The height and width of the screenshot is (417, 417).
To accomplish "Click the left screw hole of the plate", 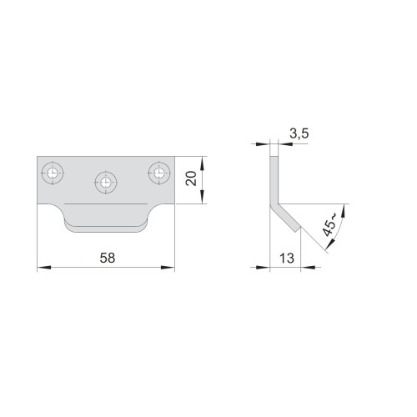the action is [53, 173].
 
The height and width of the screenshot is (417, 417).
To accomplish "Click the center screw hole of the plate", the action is [106, 183].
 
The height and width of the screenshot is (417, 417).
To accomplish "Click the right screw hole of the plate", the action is [159, 173].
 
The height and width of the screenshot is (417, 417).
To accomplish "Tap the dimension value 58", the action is [108, 258].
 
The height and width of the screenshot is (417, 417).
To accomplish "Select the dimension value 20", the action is [191, 178].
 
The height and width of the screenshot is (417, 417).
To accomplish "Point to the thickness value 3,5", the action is [299, 133].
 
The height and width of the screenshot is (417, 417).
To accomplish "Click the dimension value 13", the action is [287, 259].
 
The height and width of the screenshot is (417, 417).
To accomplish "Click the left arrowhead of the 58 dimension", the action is [44, 267].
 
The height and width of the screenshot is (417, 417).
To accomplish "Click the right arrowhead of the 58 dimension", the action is [168, 267].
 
